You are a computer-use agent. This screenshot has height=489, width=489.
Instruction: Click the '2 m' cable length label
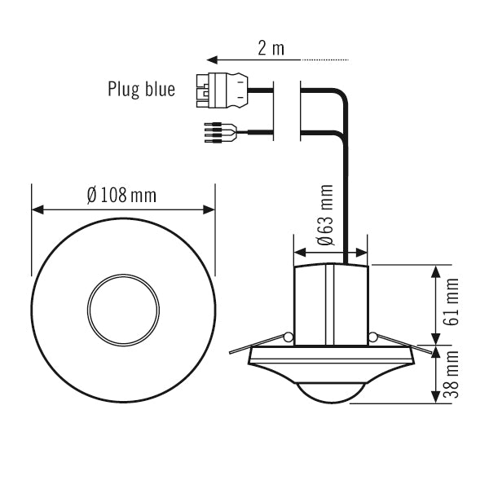click(x=271, y=49)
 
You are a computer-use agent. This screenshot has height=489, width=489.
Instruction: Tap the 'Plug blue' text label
click(x=141, y=89)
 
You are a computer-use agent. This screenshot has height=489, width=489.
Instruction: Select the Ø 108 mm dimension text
click(x=121, y=196)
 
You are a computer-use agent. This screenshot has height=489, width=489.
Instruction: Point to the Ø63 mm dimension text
click(x=325, y=215)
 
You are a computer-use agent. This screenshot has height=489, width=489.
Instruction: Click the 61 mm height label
click(x=452, y=302)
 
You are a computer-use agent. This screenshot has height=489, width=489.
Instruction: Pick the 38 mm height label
click(x=452, y=375)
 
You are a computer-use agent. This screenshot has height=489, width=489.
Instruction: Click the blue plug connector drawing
click(x=222, y=90)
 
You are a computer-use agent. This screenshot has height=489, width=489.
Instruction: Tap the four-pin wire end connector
click(x=221, y=133)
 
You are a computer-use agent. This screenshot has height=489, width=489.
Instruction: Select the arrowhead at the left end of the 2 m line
click(x=212, y=59)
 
